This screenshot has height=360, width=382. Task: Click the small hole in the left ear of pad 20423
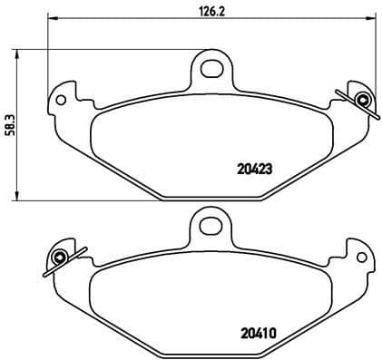63,97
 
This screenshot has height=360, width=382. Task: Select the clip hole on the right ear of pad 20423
363,100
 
